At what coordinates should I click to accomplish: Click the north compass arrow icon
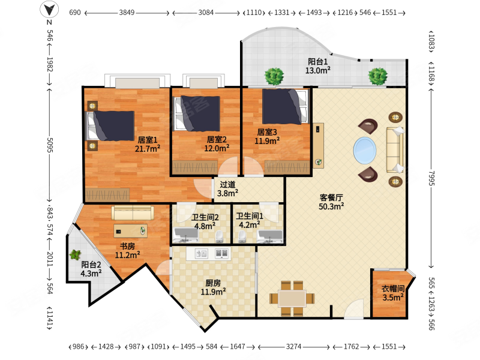tap(49, 9)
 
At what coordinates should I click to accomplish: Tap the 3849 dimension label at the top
tap(127, 13)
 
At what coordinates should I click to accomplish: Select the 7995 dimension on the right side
tap(431, 178)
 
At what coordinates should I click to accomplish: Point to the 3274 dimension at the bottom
tap(293, 347)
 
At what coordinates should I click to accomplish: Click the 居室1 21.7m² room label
tap(148, 144)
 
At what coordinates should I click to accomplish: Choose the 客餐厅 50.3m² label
tap(331, 202)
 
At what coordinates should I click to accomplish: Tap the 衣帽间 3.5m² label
tap(393, 293)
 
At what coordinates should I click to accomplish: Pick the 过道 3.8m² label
tap(227, 189)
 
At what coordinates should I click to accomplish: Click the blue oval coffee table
tap(365, 151)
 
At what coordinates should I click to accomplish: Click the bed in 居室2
tap(197, 113)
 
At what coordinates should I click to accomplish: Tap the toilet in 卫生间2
tap(219, 237)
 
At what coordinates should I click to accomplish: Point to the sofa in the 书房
tap(133, 213)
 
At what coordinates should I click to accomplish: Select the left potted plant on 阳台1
tap(274, 76)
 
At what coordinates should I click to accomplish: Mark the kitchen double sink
tap(222, 253)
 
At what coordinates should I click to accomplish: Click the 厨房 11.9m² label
tap(213, 287)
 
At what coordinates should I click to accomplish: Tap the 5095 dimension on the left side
tap(50, 145)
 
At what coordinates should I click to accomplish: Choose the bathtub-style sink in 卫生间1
tap(269, 236)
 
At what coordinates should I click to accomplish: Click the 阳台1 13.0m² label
tap(318, 66)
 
